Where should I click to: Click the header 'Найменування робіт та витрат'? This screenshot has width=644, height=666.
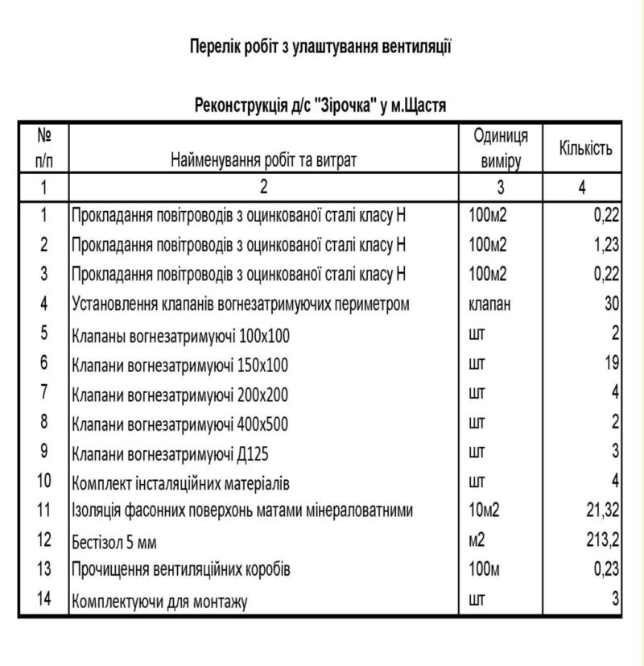coord(263,159)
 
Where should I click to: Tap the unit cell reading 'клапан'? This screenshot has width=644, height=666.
coord(490,304)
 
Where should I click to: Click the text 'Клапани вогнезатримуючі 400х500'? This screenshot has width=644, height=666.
coord(180,424)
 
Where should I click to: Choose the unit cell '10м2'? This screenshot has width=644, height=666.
coord(485,511)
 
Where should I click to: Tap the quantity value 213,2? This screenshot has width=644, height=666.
coord(601,540)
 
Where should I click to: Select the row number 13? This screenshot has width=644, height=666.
coord(44,569)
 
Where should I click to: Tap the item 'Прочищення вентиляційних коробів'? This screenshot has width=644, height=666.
coord(181,570)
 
